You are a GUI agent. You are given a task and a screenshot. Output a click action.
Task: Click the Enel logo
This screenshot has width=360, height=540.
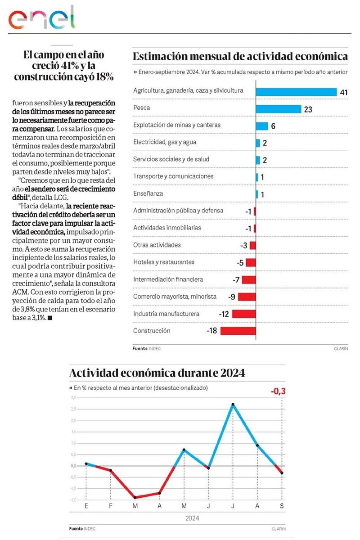41,19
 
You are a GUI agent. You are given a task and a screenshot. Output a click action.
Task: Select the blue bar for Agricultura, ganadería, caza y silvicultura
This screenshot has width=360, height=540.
296,92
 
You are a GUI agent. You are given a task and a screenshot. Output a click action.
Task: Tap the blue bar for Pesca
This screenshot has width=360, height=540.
278,109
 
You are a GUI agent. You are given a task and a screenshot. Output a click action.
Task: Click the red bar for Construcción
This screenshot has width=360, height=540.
238,331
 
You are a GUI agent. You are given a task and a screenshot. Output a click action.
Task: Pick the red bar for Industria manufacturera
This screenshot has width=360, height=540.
244,314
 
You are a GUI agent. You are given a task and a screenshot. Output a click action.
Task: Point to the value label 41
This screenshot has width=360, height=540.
344,92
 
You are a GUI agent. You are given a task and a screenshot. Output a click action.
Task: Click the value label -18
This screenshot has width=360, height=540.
212,331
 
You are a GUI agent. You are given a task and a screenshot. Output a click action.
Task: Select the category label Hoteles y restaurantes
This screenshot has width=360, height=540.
164,262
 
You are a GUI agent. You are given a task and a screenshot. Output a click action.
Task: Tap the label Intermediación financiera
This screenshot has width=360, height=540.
168,279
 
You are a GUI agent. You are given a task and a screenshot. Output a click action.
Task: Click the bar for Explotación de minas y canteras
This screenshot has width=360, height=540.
261,126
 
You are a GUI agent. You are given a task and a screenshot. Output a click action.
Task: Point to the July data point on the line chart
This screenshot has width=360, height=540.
233,405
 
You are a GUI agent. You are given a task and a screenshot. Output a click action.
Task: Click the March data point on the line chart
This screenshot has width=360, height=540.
135,497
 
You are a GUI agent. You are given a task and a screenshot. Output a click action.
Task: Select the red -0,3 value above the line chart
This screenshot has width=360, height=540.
278,391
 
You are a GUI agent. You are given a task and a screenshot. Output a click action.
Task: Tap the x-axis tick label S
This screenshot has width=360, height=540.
282,506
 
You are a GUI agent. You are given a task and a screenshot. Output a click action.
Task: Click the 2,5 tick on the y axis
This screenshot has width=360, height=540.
73,409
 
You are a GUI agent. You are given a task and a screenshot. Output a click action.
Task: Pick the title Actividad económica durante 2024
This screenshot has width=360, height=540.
157,373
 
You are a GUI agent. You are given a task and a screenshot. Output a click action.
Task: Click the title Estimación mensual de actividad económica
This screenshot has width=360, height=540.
240,57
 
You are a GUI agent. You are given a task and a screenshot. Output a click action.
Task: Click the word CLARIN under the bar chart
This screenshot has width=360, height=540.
341,348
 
